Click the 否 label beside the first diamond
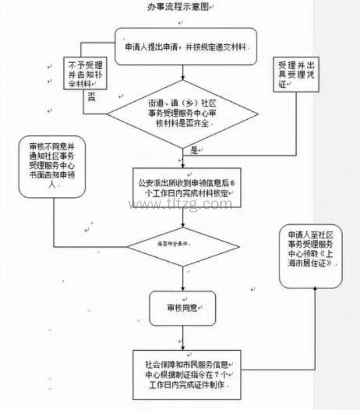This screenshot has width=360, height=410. click(x=91, y=96)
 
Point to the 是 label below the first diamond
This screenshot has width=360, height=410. click(x=194, y=150)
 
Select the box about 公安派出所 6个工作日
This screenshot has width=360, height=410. click(x=183, y=188)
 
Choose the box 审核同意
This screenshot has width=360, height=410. click(x=182, y=308)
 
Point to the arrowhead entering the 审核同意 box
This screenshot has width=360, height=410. click(x=182, y=289)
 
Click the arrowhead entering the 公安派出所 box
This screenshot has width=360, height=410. click(x=182, y=164)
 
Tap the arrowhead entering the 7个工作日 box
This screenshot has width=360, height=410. click(x=182, y=346)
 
